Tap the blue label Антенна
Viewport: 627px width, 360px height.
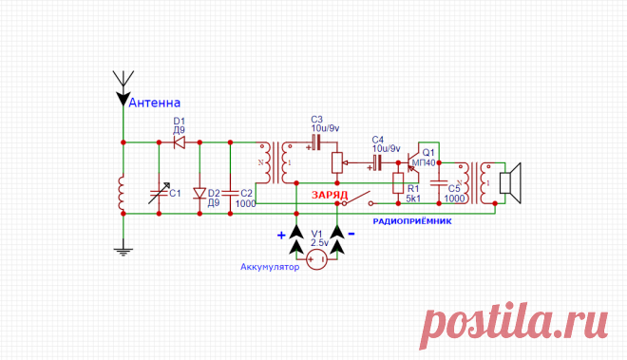(x=154, y=103)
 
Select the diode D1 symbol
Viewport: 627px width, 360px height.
(x=180, y=142)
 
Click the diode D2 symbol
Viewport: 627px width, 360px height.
(x=199, y=194)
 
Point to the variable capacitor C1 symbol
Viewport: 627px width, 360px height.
(x=160, y=193)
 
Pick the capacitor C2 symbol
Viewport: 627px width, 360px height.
(x=230, y=193)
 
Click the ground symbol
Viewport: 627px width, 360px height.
(x=123, y=251)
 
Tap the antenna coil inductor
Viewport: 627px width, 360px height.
(x=122, y=193)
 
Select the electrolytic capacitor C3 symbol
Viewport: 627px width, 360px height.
(x=316, y=142)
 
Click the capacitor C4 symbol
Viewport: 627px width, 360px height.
(x=376, y=162)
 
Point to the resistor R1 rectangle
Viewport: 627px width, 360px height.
(x=398, y=183)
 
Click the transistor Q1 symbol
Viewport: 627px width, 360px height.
(x=413, y=162)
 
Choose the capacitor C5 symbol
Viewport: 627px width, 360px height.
(x=439, y=183)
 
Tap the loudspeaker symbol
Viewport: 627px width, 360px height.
(x=511, y=183)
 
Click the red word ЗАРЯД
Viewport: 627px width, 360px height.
(x=330, y=196)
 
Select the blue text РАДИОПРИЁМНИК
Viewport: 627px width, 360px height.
(x=412, y=221)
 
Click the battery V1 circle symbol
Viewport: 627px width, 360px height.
(x=316, y=259)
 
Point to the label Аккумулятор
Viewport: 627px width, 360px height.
(x=270, y=267)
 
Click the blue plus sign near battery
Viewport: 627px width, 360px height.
(x=281, y=236)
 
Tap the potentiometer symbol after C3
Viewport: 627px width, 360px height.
(x=337, y=162)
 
